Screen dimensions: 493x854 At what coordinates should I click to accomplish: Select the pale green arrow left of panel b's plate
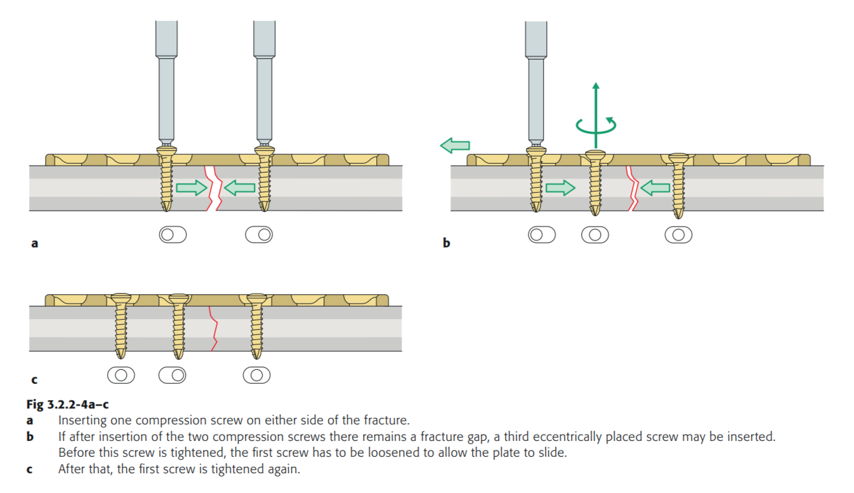click(455, 146)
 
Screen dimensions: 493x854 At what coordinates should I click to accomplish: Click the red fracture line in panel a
click(213, 188)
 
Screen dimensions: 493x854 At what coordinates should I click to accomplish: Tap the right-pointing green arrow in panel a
click(191, 187)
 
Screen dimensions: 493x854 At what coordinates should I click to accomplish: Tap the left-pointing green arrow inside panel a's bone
click(240, 187)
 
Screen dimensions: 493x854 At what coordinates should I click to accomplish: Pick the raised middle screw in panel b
click(595, 181)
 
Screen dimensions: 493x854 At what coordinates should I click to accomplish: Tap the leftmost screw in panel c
click(121, 324)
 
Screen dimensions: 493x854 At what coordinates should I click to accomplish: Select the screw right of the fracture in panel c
click(256, 324)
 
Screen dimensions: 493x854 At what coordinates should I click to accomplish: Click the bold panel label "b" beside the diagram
click(446, 242)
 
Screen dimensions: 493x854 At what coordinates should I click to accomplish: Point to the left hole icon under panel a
click(173, 235)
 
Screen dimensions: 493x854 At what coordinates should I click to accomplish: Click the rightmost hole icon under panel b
click(678, 235)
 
